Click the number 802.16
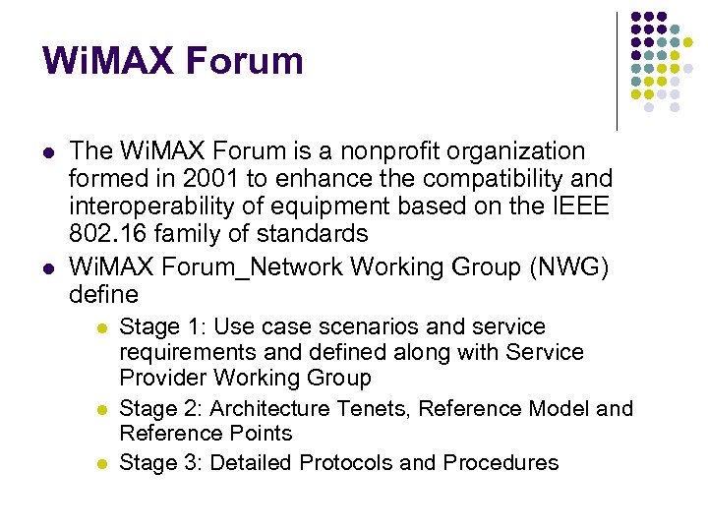point(108,234)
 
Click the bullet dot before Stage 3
point(101,463)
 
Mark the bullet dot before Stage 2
point(101,408)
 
